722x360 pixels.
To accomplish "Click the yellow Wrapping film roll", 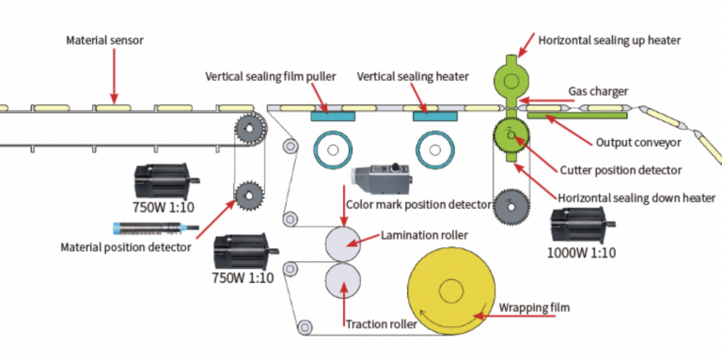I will click(x=452, y=292).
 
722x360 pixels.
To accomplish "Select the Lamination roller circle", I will click(x=343, y=243).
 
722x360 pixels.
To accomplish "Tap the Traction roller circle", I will click(x=343, y=281).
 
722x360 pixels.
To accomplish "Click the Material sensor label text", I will click(x=104, y=41).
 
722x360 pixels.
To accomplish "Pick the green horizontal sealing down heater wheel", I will click(x=510, y=136).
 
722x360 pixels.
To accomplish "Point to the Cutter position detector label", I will click(x=620, y=170).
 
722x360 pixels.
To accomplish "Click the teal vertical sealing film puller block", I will click(x=333, y=116).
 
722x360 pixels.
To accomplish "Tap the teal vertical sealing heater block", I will click(x=433, y=116).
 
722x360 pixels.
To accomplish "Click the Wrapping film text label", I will click(x=537, y=307).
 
